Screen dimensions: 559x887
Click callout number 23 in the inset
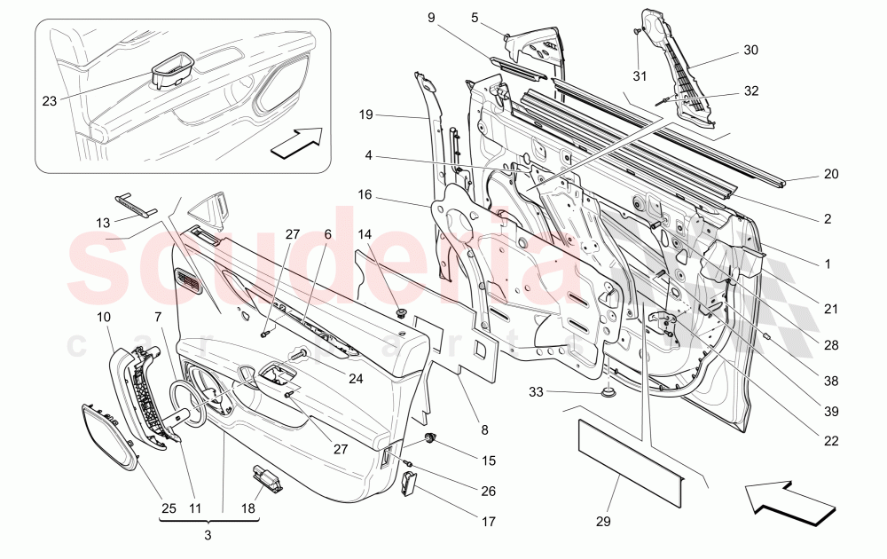49,101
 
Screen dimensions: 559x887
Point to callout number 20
830,175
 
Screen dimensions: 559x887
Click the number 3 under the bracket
208,535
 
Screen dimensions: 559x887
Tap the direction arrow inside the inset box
295,142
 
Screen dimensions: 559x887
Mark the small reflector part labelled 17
409,484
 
